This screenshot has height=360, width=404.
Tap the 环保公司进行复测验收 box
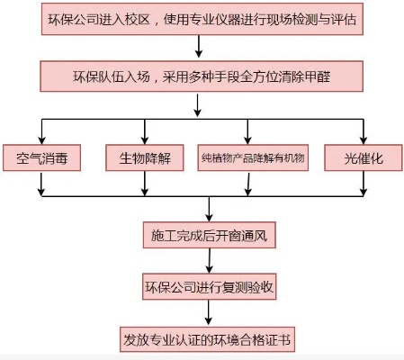tap(209, 288)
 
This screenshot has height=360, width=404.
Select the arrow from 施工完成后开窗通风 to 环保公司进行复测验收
tap(209, 262)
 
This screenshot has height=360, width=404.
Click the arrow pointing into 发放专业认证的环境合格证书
tap(209, 314)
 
